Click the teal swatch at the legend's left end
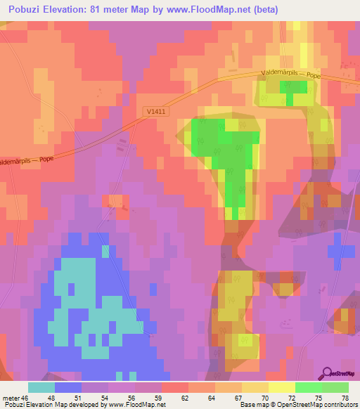tap(41, 387)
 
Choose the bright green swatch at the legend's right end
tap(335, 387)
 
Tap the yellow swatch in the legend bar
tap(281, 387)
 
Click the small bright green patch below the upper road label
tap(293, 86)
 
